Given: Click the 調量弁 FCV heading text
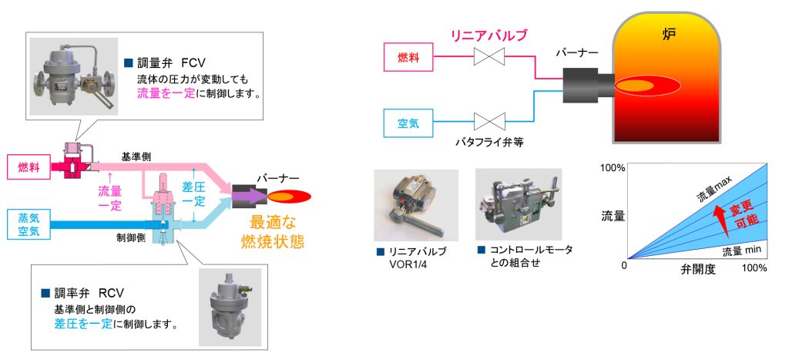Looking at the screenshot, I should click(173, 63).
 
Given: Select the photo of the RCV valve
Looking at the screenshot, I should click(229, 306).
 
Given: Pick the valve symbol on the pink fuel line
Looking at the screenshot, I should click(489, 56).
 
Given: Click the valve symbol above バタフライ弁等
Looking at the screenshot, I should click(489, 122).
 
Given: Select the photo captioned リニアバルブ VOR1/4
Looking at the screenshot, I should click(415, 204).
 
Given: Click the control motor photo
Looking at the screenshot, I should click(515, 204).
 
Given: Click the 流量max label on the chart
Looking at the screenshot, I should click(713, 188).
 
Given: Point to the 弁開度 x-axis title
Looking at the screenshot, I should click(697, 270).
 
